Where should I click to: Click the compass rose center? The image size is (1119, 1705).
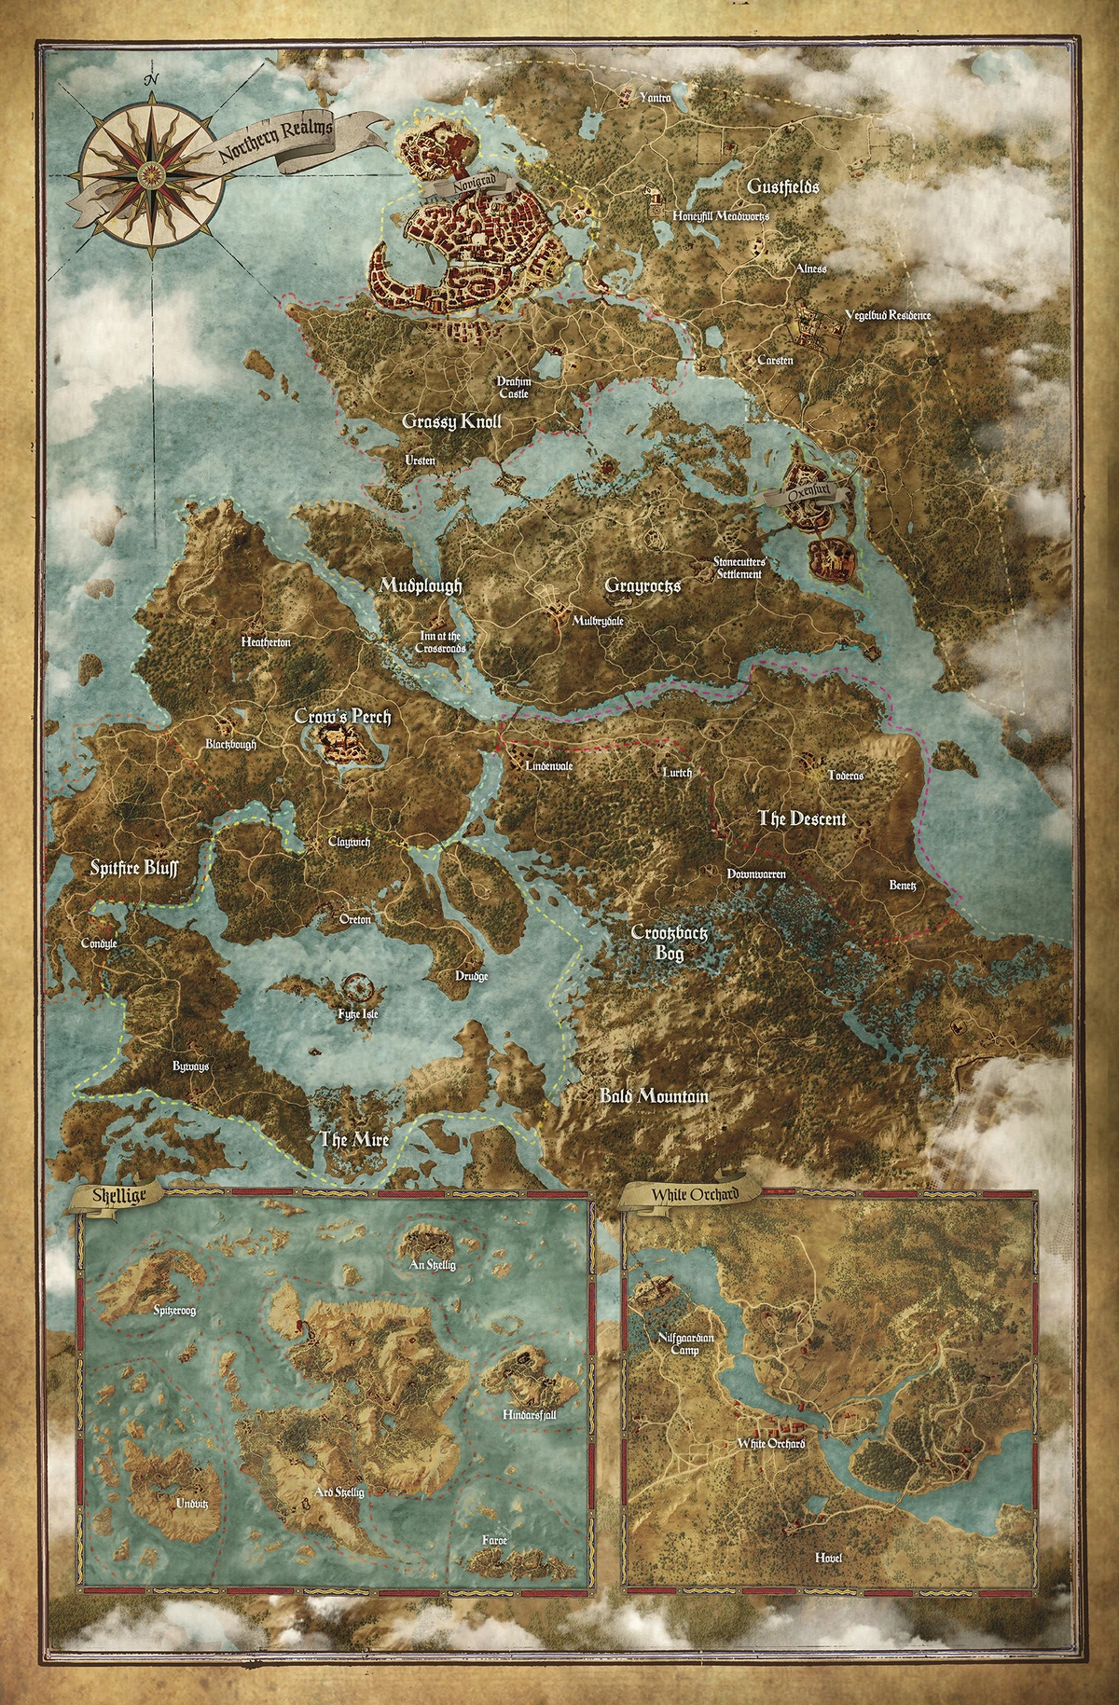coord(150,172)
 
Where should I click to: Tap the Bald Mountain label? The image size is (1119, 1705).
coord(653,1096)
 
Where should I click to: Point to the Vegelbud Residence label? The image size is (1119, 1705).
coord(887,315)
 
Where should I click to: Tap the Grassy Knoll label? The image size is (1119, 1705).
coord(451,421)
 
